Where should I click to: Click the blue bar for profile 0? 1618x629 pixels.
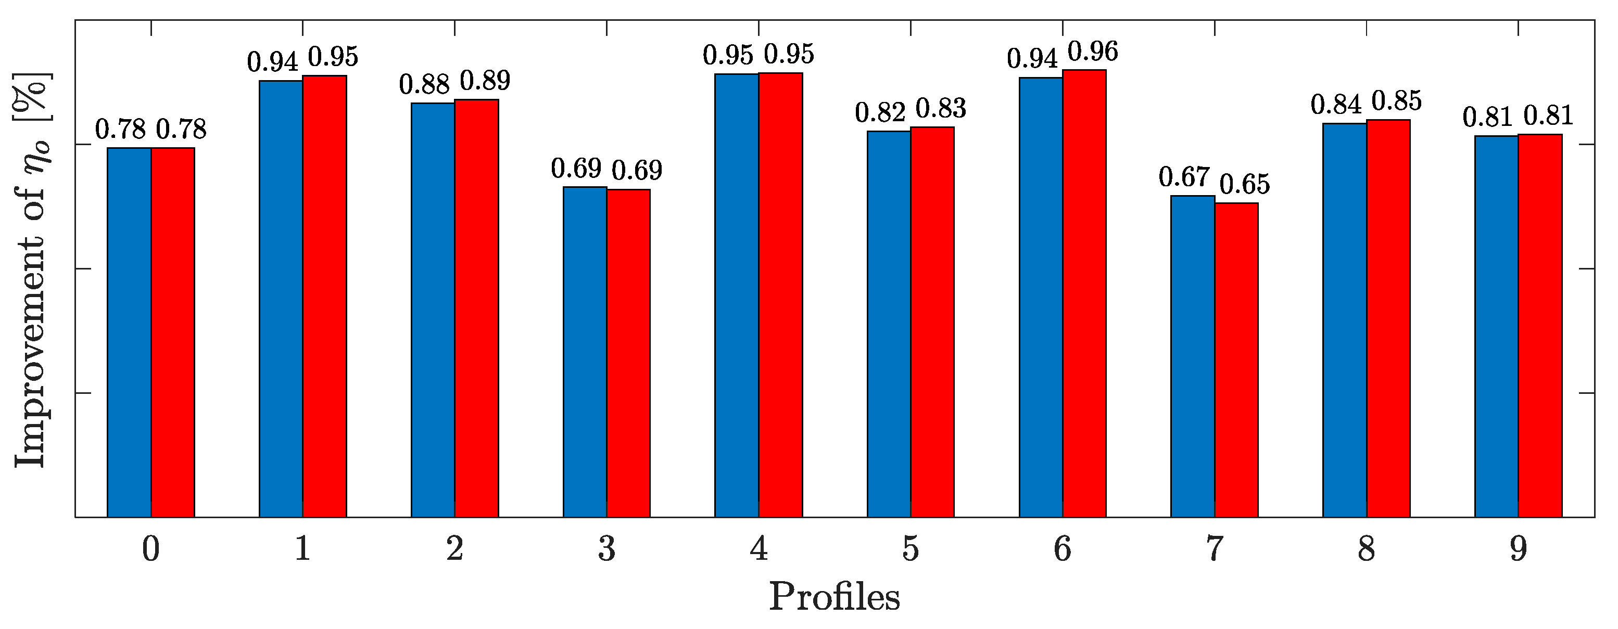pyautogui.click(x=129, y=332)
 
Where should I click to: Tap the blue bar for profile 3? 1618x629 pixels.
pyautogui.click(x=585, y=352)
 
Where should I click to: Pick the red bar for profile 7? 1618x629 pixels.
pyautogui.click(x=1236, y=361)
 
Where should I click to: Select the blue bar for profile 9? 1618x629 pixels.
pyautogui.click(x=1496, y=326)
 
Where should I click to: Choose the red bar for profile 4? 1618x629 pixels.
pyautogui.click(x=781, y=295)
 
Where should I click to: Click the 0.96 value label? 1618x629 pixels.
pyautogui.click(x=1093, y=52)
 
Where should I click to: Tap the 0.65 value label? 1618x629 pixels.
pyautogui.click(x=1244, y=185)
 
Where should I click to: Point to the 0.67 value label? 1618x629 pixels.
pyautogui.click(x=1184, y=177)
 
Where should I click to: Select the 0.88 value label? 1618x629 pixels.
pyautogui.click(x=425, y=85)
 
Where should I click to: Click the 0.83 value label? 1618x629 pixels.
pyautogui.click(x=940, y=109)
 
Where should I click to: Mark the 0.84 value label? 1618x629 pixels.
pyautogui.click(x=1336, y=105)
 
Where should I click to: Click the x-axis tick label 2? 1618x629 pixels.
pyautogui.click(x=455, y=549)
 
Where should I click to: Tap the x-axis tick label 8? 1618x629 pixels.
pyautogui.click(x=1367, y=549)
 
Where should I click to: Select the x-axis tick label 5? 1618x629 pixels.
pyautogui.click(x=911, y=549)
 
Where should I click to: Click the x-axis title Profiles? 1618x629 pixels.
pyautogui.click(x=834, y=597)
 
